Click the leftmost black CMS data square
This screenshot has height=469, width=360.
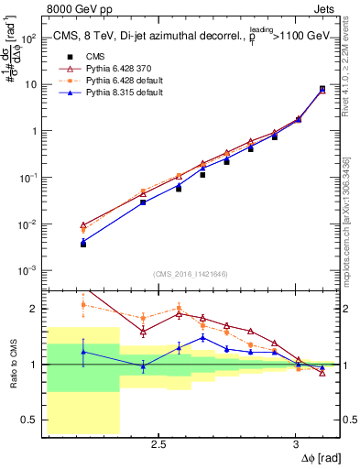click(83, 245)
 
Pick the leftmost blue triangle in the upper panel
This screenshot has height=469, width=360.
click(83, 241)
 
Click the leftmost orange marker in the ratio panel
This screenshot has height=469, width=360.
click(83, 305)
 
